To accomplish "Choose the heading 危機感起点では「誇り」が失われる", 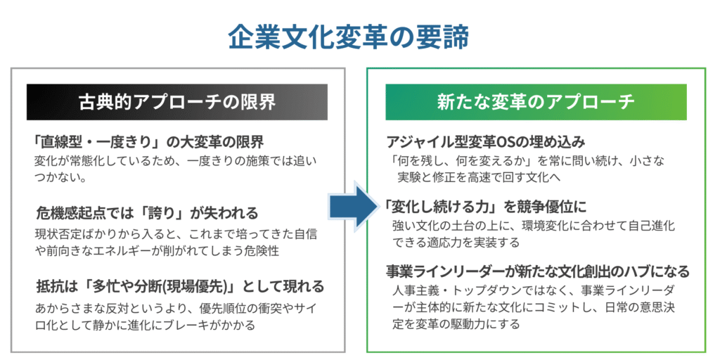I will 147,212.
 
